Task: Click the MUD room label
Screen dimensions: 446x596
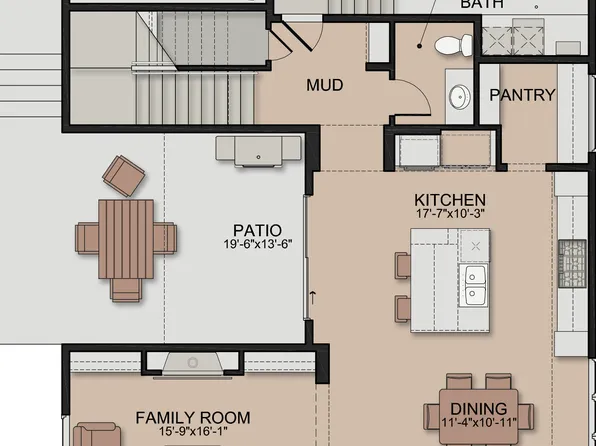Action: pos(324,85)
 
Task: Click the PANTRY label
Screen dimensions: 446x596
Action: pos(522,95)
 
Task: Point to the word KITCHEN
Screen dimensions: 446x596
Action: pos(450,200)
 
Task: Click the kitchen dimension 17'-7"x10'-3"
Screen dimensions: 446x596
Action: pos(450,214)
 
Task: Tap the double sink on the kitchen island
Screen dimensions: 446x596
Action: pos(475,285)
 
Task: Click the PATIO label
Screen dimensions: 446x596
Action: pos(257,229)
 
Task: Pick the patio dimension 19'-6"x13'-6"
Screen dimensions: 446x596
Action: pos(257,243)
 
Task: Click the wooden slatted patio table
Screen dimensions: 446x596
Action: pos(125,239)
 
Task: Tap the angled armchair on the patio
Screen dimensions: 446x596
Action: pos(124,175)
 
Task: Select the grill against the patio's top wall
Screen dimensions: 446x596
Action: pos(258,150)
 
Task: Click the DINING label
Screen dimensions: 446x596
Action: pos(478,409)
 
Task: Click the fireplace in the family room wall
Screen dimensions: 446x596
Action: pos(193,363)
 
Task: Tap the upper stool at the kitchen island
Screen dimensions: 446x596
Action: pos(403,265)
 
